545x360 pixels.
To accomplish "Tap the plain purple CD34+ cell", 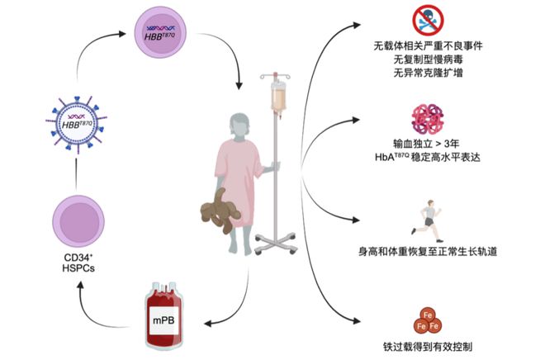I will [78, 225].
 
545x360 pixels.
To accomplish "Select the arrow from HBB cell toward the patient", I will [227, 62].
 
